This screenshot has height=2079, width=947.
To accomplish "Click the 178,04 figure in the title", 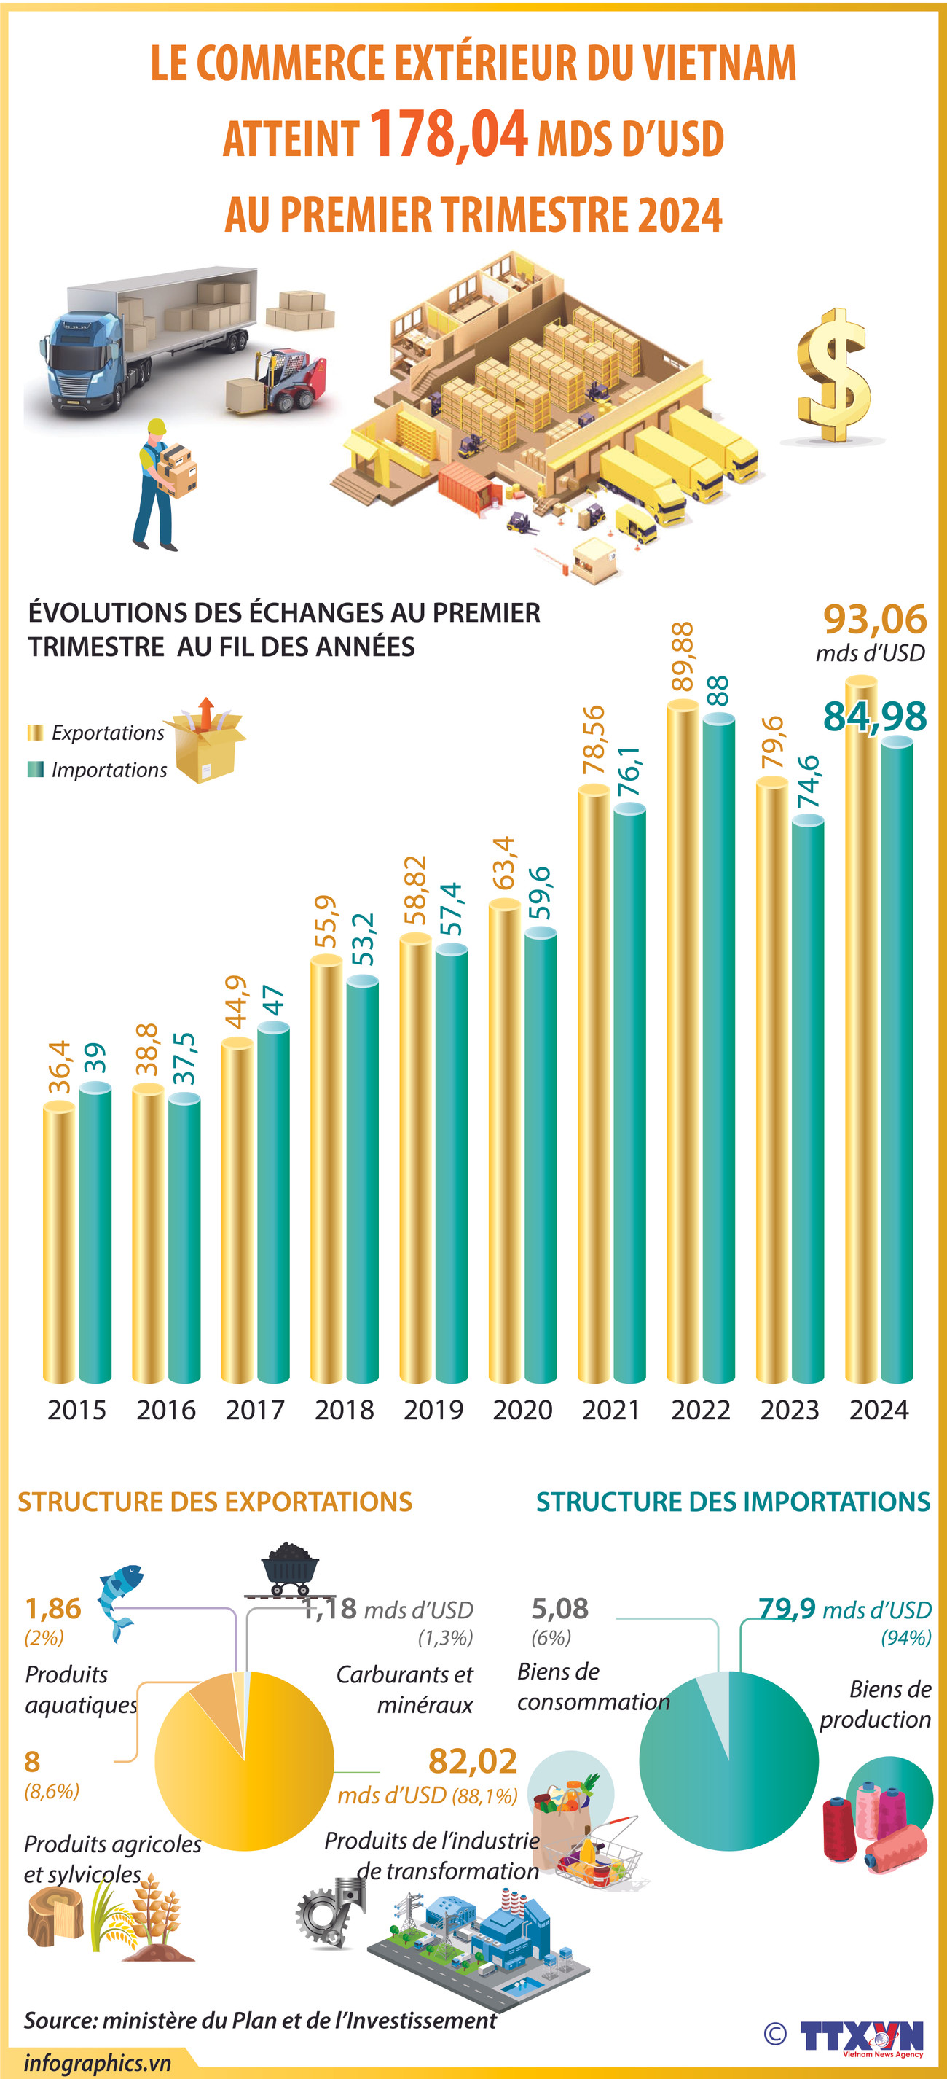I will tap(449, 135).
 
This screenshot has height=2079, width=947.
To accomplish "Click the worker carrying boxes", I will tap(161, 484).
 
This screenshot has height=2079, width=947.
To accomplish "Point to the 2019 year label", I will tap(433, 1410).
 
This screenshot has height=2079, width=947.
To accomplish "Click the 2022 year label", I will tap(700, 1410).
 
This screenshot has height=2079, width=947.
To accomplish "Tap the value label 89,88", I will tap(683, 656).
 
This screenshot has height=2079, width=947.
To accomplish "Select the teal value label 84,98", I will tap(874, 716).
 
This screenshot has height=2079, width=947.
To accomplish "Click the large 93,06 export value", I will tap(874, 619).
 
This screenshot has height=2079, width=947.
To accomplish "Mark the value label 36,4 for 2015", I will tap(60, 1067).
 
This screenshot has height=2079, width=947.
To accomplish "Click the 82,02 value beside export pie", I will tap(472, 1761).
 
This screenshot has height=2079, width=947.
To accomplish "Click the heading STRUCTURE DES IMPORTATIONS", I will tap(732, 1502).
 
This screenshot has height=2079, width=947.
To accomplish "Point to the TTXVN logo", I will tap(862, 2036).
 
